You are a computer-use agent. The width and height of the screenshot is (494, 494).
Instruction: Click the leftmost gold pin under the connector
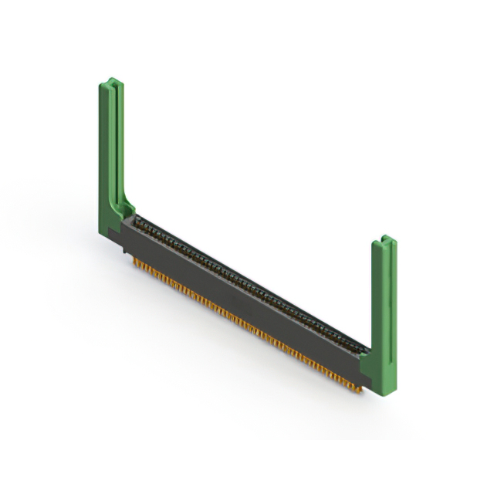(136, 262)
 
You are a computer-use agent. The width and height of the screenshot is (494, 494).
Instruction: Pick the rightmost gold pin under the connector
(359, 391)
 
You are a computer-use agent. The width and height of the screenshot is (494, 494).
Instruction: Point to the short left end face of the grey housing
(123, 235)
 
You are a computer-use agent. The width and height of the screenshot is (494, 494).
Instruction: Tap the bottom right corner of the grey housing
(361, 384)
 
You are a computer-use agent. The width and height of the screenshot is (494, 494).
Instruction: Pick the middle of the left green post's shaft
(108, 147)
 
